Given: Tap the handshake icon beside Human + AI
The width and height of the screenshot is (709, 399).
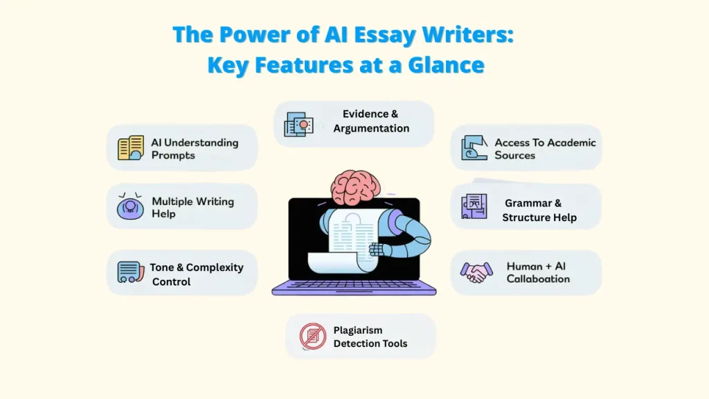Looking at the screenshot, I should [x=476, y=272].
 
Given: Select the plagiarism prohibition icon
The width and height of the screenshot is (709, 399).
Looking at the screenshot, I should [x=312, y=336].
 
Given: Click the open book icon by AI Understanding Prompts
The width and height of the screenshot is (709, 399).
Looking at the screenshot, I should [x=130, y=148].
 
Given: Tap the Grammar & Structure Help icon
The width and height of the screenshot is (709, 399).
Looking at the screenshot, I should [x=474, y=206].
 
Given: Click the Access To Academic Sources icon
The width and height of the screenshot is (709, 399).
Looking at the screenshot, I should [x=475, y=147].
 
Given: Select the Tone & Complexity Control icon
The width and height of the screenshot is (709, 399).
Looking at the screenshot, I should [x=129, y=272].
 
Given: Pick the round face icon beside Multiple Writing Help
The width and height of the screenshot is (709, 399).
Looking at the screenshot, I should [x=130, y=206].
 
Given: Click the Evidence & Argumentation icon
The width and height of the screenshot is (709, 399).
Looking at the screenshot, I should [x=298, y=124].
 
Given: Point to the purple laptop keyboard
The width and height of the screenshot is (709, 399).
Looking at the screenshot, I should [x=354, y=286].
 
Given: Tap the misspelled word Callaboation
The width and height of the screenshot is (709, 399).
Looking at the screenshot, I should [x=538, y=279].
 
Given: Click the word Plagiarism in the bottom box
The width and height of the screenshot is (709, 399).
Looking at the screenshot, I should [x=358, y=330].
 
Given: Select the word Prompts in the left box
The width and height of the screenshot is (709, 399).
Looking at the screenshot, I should [x=173, y=155].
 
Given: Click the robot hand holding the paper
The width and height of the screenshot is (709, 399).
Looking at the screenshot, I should [x=377, y=247].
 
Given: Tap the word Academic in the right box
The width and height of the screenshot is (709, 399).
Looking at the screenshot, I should [x=566, y=143].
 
